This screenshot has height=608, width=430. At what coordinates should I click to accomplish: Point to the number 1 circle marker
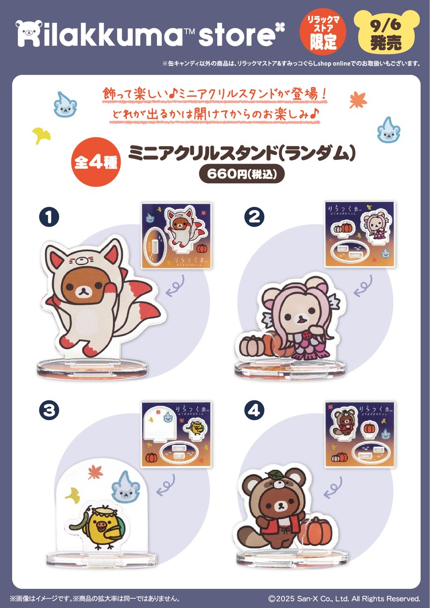tap(49, 218)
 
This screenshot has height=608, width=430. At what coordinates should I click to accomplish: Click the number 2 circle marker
tap(254, 218)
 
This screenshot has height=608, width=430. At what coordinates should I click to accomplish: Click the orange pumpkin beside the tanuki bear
tap(319, 529)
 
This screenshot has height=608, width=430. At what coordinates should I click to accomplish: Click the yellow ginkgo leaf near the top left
tap(41, 134)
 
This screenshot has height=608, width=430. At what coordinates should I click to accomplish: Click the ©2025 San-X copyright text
tap(344, 598)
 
